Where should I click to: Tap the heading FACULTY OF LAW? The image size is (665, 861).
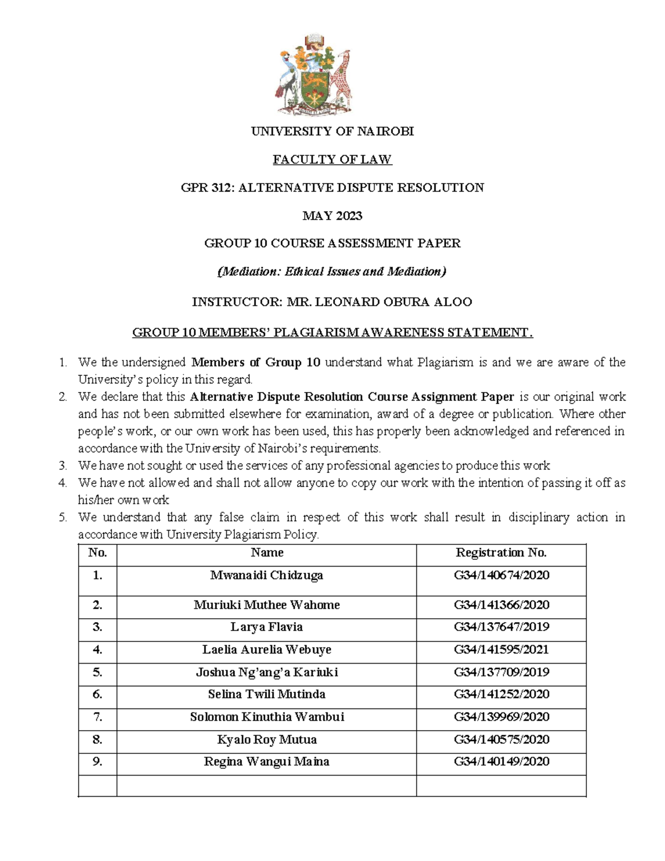(x=332, y=160)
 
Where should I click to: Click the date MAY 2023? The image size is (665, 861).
(x=332, y=216)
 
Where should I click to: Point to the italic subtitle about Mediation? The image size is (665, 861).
(x=332, y=272)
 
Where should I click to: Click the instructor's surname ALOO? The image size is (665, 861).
(x=453, y=302)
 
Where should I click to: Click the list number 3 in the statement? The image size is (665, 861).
(x=63, y=466)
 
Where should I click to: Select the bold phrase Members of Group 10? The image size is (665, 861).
(x=255, y=363)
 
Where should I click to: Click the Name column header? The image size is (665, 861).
(x=267, y=552)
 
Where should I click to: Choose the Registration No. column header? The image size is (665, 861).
(x=501, y=552)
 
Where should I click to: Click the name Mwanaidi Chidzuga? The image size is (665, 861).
(x=267, y=575)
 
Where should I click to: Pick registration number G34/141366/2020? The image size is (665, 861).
(x=502, y=605)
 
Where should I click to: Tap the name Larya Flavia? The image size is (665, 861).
(x=267, y=627)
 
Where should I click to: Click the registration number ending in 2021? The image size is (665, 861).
(x=502, y=650)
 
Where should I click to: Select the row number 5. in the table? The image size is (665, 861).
(x=98, y=673)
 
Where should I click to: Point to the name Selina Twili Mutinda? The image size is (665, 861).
(x=267, y=694)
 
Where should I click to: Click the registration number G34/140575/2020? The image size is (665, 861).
(x=502, y=740)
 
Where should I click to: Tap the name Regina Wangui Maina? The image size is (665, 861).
(x=267, y=762)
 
